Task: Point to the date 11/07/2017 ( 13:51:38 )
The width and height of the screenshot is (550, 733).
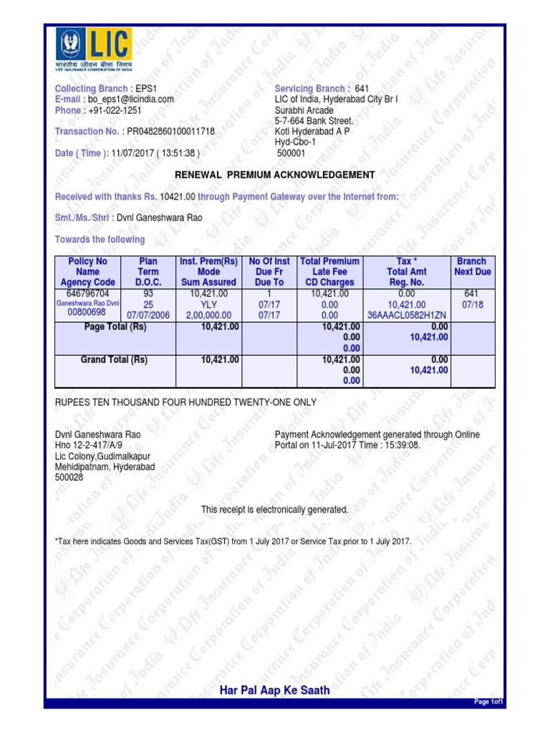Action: coord(155,153)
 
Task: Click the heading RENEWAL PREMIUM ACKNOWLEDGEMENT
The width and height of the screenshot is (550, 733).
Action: coord(275,175)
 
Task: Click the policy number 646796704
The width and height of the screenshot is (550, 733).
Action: coord(87,293)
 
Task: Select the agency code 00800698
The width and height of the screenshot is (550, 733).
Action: coord(86,313)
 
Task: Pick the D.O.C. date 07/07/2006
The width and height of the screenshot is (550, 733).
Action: coord(148,315)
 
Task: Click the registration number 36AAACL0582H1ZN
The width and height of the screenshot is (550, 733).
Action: coord(406,315)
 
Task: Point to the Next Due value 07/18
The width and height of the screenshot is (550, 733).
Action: coord(472,304)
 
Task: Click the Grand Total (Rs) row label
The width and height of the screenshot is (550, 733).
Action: coord(114,360)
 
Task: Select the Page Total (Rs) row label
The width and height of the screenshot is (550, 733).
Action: coord(115,326)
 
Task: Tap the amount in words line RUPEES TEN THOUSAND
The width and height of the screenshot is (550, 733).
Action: coord(185,403)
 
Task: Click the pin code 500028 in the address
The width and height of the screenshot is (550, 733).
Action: coord(69,477)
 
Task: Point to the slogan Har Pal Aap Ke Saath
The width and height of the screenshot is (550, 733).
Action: coord(275,690)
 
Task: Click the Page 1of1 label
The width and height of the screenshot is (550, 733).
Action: coord(490,702)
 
